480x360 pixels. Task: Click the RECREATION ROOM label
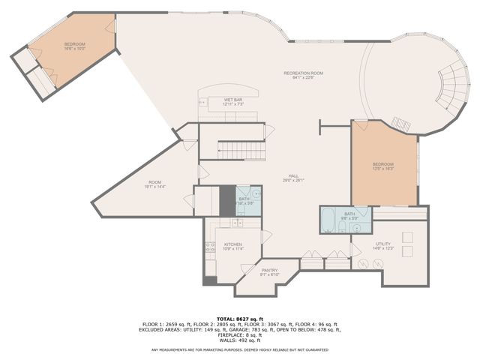coord(303,73)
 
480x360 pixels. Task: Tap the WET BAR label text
coord(233,100)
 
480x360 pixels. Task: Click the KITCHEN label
coord(232,244)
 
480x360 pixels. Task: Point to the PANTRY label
coord(269,270)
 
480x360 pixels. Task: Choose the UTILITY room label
coord(382,244)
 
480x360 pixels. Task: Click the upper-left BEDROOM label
coord(74,44)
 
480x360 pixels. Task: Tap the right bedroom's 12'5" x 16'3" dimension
coord(383,169)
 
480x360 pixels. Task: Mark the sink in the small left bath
coord(255,193)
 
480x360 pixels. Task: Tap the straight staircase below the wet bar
coord(241,151)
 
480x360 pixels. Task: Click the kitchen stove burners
coord(210,247)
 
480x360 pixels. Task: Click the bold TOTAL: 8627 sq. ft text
coord(239,319)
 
